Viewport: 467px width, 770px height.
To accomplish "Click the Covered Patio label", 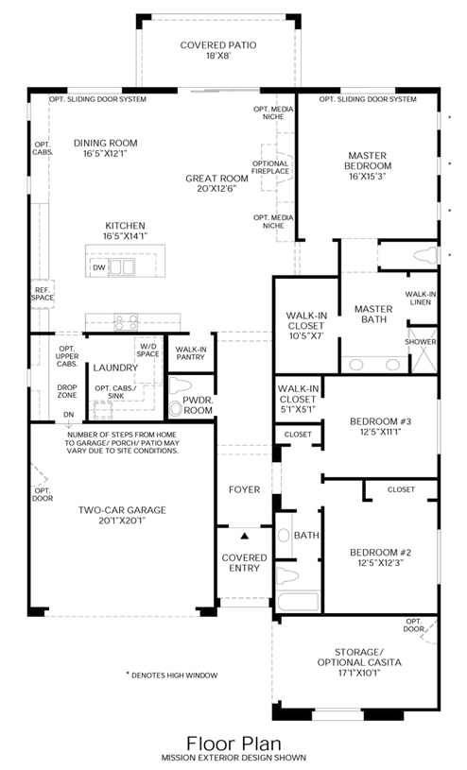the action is (x=218, y=50).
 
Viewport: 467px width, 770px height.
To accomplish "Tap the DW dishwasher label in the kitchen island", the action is (x=99, y=267).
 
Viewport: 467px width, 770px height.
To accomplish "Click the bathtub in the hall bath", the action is (x=298, y=601).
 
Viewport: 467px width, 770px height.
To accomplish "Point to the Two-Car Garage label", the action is (x=122, y=515).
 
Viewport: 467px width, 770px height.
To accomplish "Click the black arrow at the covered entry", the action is (x=244, y=536).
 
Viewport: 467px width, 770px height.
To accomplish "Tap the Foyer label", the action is (x=244, y=489).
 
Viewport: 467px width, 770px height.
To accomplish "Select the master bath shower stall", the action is (x=423, y=351).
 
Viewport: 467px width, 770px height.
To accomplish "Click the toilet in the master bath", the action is (x=425, y=255).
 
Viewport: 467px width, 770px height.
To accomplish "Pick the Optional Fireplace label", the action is (x=270, y=167).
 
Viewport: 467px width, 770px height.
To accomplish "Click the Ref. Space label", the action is (x=43, y=294).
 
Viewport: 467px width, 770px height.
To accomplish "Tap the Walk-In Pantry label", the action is (x=191, y=353).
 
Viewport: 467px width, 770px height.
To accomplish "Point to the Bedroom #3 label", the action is (x=380, y=426).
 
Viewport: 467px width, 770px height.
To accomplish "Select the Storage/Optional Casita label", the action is (x=359, y=662).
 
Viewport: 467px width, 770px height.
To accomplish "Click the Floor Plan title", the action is (x=233, y=744).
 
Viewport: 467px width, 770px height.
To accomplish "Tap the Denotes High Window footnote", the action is (x=171, y=676).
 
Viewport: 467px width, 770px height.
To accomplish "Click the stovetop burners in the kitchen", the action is (x=126, y=322).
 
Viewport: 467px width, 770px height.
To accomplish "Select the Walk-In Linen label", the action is (x=421, y=299).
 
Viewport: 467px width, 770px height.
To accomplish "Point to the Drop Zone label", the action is (x=67, y=391).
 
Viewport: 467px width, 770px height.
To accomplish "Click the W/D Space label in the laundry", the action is (x=148, y=350).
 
